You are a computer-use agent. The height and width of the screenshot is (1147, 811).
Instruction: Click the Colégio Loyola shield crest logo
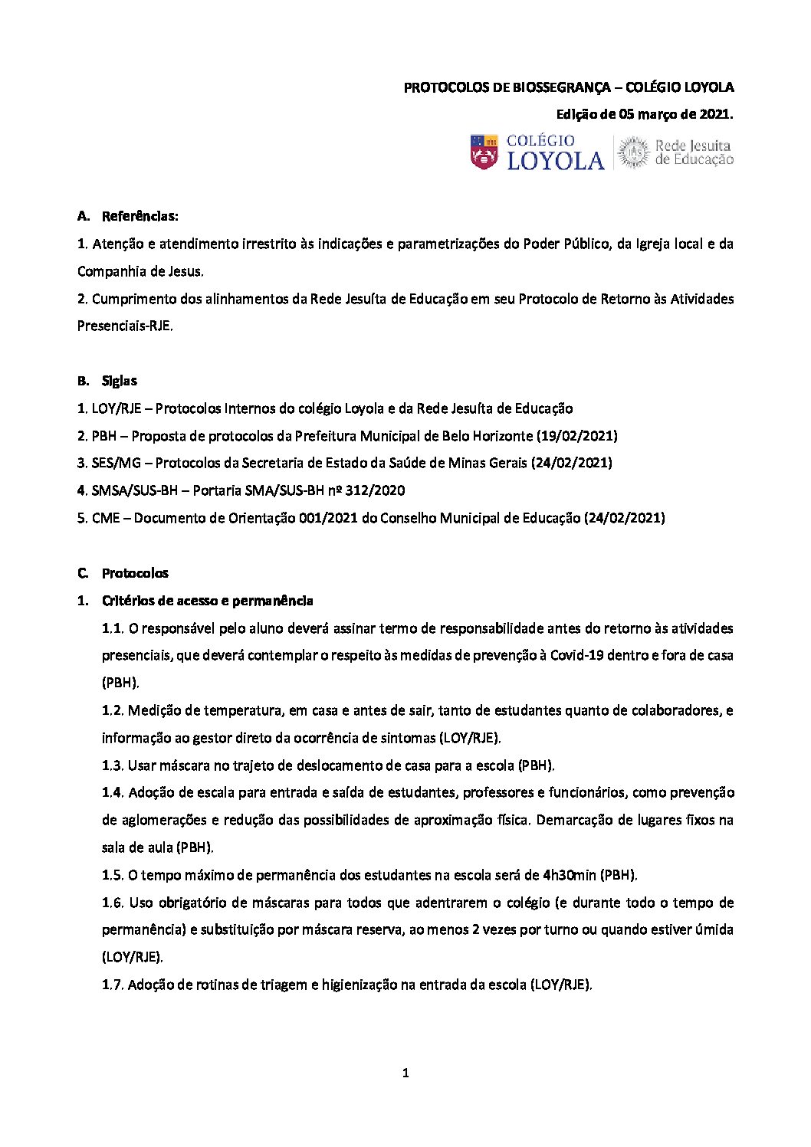pyautogui.click(x=484, y=152)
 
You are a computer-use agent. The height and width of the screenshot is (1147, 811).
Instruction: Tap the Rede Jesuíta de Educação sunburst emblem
pyautogui.click(x=633, y=152)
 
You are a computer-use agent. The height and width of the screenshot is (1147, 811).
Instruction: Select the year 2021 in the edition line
pyautogui.click(x=714, y=114)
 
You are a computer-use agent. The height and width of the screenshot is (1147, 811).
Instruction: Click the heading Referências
pyautogui.click(x=140, y=216)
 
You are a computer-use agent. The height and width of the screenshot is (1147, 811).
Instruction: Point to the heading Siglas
pyautogui.click(x=120, y=381)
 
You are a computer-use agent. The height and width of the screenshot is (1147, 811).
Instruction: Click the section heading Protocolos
pyautogui.click(x=135, y=573)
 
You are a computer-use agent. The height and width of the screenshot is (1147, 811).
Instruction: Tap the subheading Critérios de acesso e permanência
pyautogui.click(x=207, y=601)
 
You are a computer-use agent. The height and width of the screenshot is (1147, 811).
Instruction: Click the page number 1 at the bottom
pyautogui.click(x=405, y=1073)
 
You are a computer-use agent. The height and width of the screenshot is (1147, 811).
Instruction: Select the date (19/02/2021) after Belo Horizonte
pyautogui.click(x=577, y=436)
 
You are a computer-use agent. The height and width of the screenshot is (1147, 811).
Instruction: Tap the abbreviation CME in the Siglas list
pyautogui.click(x=106, y=518)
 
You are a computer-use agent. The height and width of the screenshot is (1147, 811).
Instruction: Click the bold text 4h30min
pyautogui.click(x=569, y=875)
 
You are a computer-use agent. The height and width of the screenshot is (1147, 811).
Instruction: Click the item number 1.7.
pyautogui.click(x=112, y=985)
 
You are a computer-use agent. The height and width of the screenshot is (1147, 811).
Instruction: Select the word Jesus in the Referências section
pyautogui.click(x=185, y=271)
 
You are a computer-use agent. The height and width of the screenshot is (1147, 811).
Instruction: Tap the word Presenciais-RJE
pyautogui.click(x=125, y=326)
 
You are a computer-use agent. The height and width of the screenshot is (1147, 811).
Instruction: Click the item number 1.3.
pyautogui.click(x=112, y=765)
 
